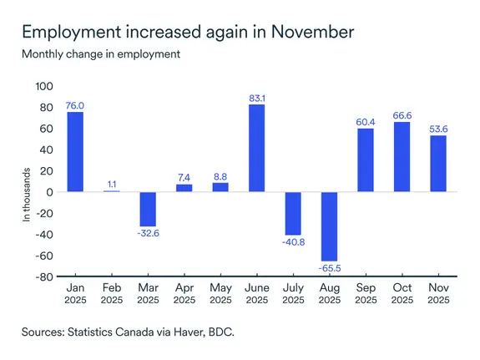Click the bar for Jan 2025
point(75,152)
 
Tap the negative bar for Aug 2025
point(329,226)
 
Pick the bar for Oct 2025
point(402,157)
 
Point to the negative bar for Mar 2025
point(148,209)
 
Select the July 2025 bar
point(293,213)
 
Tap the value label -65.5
point(329,269)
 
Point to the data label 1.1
point(111,184)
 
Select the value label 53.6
point(438,128)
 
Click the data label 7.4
point(184,177)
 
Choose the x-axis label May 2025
point(220,293)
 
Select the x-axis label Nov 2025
point(438,293)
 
